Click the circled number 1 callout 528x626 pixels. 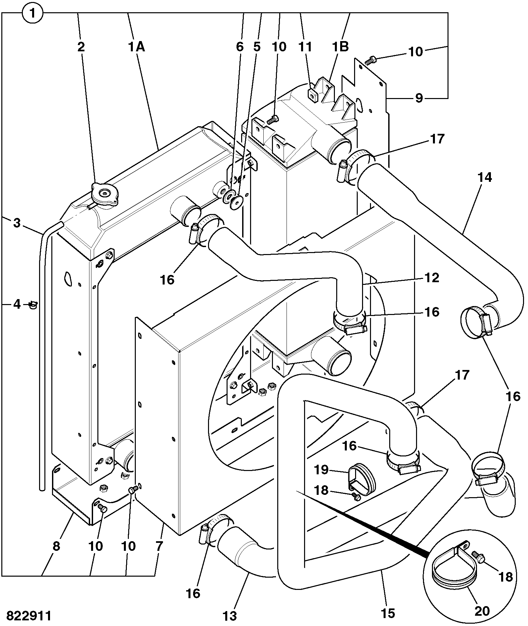(32, 14)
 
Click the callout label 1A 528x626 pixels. (136, 47)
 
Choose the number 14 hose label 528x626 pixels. (485, 178)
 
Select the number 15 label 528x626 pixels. (388, 613)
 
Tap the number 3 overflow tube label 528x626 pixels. (17, 223)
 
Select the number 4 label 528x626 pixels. (17, 304)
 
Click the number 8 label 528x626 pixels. (56, 546)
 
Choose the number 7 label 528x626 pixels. (159, 546)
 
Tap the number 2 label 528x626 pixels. (81, 47)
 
